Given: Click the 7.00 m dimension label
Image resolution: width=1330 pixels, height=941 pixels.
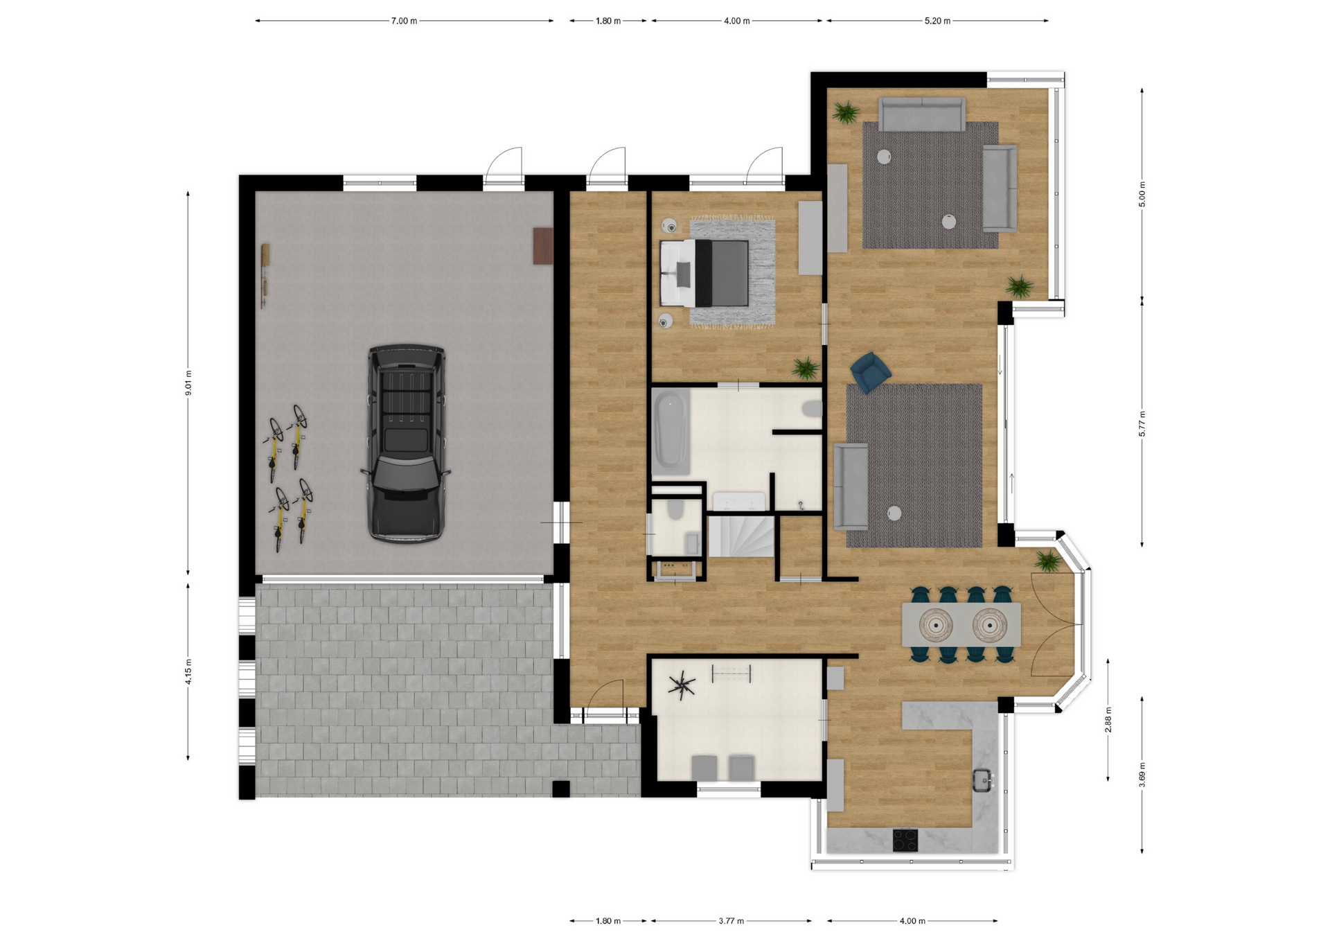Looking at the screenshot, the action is [404, 21].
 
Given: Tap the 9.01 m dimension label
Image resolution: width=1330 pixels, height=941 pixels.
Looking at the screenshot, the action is [188, 383].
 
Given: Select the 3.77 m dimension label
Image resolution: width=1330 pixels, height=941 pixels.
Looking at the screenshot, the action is [731, 921].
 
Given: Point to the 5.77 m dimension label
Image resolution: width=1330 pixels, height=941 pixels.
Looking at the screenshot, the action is [1142, 423].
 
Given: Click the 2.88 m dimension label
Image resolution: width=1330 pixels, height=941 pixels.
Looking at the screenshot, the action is [1108, 719].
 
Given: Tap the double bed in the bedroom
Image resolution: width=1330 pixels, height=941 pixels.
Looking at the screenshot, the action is [704, 273].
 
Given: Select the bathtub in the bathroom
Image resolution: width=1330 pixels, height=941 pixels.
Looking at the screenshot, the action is [670, 431].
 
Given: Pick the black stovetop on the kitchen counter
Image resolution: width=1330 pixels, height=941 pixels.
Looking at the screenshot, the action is [905, 840].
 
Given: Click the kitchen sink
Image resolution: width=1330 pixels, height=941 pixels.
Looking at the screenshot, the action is [983, 781].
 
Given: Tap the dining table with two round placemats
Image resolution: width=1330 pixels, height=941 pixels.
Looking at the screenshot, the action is [961, 624].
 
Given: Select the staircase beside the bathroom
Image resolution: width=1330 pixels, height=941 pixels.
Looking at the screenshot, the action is [740, 535].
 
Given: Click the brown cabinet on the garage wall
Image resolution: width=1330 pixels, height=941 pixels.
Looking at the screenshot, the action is [543, 246].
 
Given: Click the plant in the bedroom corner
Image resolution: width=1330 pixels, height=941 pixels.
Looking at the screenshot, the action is [806, 368].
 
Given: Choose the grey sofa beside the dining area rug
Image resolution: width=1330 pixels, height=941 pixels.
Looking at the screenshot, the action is [851, 486].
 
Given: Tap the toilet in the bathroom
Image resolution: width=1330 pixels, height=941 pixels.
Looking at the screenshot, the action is [811, 410].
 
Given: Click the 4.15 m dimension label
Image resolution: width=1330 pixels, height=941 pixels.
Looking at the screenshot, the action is [188, 671].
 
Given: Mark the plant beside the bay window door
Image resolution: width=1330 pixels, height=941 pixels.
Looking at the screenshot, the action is [1047, 561].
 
